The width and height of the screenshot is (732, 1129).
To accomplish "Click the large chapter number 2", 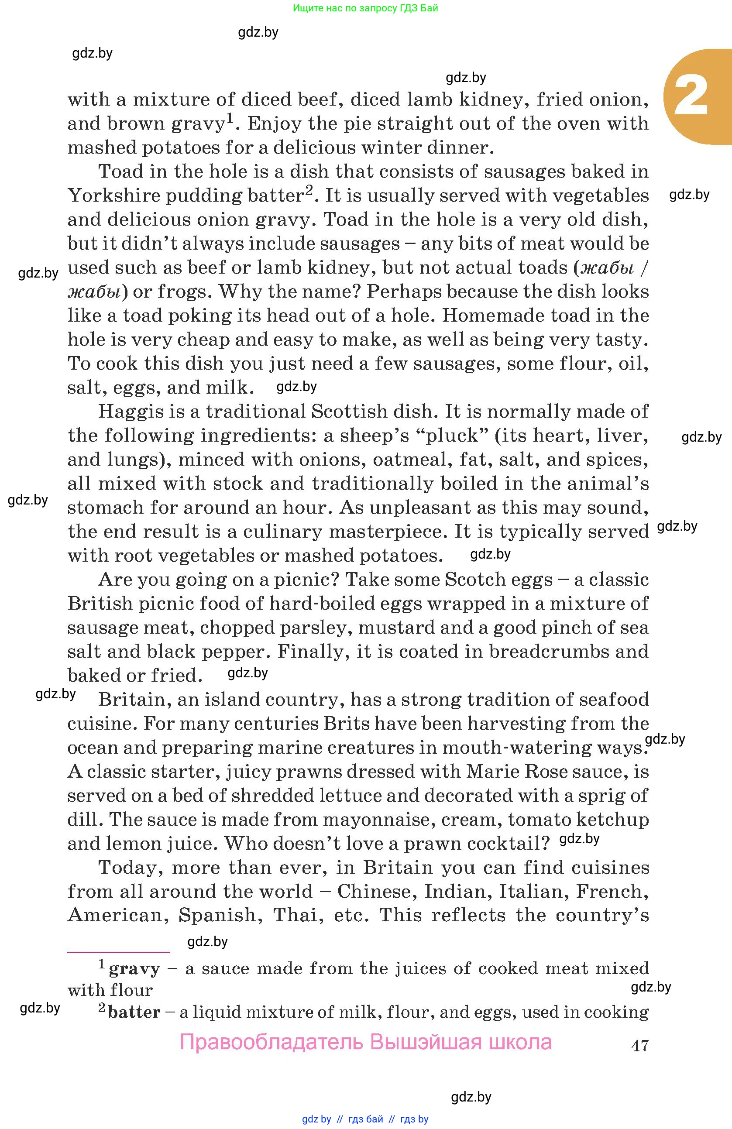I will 691,96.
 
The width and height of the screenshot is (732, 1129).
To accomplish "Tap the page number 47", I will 640,1045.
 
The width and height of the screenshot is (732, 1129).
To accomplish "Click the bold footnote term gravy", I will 134,969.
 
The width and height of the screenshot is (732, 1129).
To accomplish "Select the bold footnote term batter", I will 134,1012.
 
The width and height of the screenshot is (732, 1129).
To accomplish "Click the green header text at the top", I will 365,8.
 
